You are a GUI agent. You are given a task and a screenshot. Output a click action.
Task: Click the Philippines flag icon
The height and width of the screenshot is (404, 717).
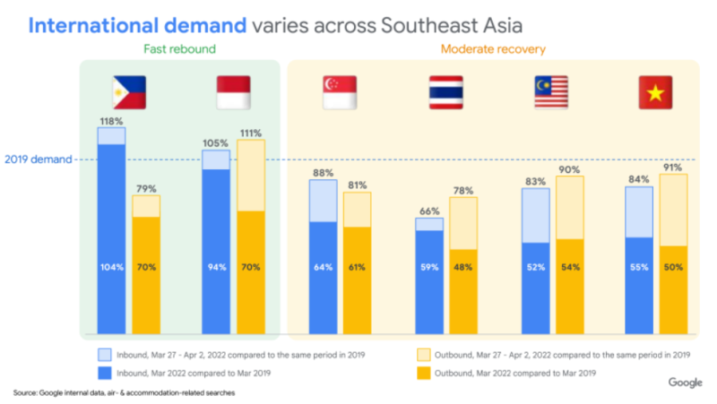[129, 91]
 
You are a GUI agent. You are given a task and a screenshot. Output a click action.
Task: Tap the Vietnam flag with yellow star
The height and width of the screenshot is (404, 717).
[655, 92]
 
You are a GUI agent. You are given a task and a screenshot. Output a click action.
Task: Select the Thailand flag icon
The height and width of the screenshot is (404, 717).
[445, 92]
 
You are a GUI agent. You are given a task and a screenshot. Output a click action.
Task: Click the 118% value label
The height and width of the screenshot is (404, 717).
[111, 119]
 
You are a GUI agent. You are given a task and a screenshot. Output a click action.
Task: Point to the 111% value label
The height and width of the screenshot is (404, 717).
[252, 133]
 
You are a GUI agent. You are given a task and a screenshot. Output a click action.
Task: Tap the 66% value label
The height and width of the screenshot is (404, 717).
[429, 211]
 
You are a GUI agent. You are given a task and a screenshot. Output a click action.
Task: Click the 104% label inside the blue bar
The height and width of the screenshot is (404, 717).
[111, 267]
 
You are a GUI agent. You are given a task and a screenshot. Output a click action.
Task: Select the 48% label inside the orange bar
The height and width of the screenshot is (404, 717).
[463, 267]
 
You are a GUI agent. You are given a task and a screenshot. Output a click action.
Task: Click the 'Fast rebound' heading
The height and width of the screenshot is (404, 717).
[179, 48]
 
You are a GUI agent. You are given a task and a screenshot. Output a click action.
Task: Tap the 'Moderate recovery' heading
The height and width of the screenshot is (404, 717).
[492, 48]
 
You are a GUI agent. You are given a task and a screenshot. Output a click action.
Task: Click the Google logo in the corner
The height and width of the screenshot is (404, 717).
[685, 383]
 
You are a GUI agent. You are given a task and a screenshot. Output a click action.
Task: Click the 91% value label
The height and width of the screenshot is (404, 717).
[673, 168]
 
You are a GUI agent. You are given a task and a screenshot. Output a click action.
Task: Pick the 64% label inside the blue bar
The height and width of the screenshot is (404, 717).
[323, 267]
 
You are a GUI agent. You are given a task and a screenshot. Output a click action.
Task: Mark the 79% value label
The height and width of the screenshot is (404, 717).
[146, 188]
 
